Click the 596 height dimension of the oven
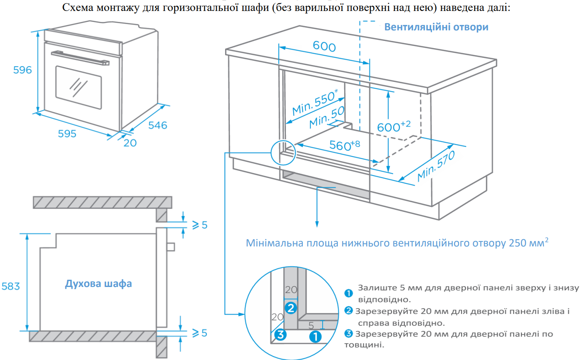pos(22,70)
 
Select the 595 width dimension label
pos(67,134)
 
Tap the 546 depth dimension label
pos(158,125)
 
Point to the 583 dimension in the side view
pos(11,286)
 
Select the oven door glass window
pos(79,87)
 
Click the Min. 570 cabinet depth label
pos(436,166)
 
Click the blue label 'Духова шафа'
pos(98,284)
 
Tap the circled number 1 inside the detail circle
pos(315,336)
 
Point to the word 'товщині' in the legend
pos(364,345)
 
